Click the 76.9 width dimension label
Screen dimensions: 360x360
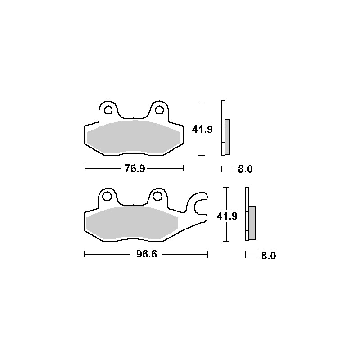[x=134, y=169]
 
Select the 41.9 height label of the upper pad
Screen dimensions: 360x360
[x=202, y=130]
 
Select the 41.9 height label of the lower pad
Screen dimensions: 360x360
[x=227, y=216]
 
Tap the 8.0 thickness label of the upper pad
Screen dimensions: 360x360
[x=245, y=170]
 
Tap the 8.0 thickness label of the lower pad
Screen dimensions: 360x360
[x=268, y=256]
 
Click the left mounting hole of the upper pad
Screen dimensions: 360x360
[x=108, y=110]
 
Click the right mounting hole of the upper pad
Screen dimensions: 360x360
[x=159, y=110]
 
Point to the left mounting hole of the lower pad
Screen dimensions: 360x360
[x=107, y=196]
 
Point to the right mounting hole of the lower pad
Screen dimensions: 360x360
[x=157, y=196]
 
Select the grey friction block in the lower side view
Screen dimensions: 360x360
[x=252, y=222]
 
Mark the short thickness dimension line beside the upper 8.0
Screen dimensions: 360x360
[x=226, y=170]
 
